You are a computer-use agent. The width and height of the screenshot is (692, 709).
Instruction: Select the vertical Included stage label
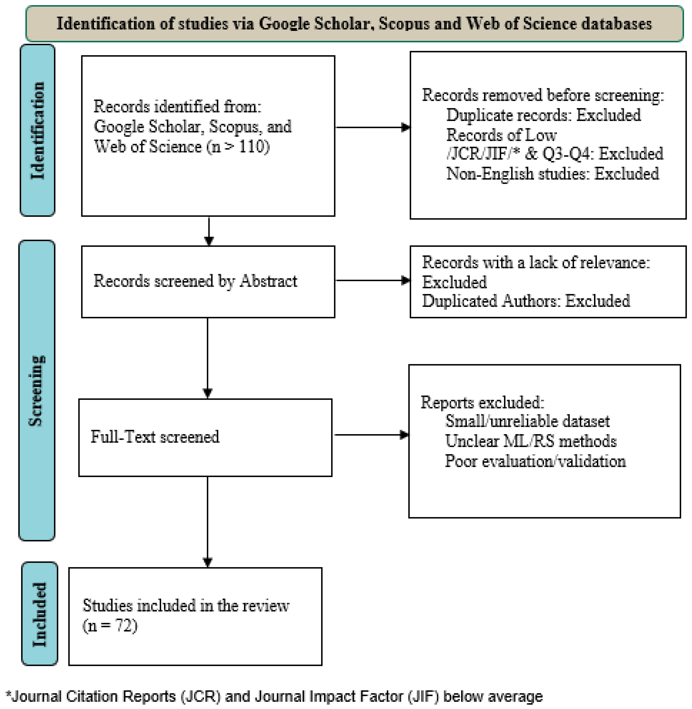point(40,614)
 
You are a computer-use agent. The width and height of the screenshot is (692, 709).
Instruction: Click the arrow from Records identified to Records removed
point(373,127)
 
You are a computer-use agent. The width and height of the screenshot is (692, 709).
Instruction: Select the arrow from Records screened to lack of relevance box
point(373,280)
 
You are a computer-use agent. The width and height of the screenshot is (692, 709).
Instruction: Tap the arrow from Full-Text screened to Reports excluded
point(371,435)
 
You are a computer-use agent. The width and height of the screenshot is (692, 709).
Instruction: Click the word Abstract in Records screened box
point(268,281)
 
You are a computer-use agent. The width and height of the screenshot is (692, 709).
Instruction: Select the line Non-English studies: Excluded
point(552,173)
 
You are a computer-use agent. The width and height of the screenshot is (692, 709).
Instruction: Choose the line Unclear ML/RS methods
point(531,441)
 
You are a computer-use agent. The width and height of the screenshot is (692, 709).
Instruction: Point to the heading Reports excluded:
point(482,402)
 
